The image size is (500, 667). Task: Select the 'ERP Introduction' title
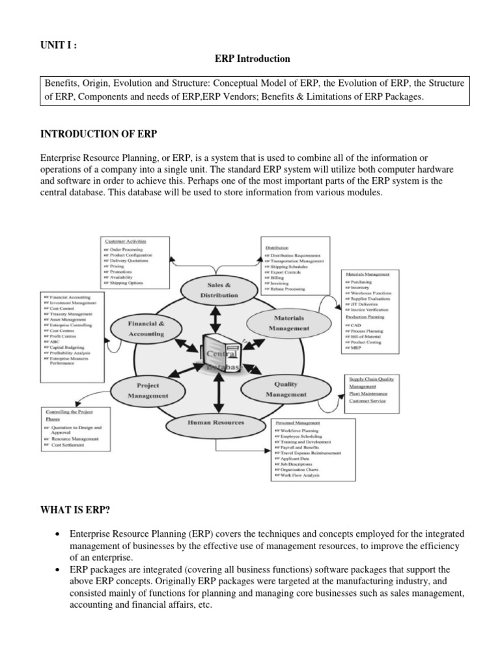pyautogui.click(x=253, y=59)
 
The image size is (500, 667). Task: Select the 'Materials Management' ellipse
pyautogui.click(x=286, y=323)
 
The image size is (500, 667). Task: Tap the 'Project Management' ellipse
pyautogui.click(x=148, y=390)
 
